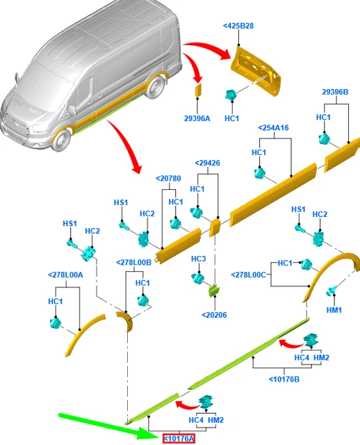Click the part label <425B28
(x=238, y=26)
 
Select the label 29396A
(x=197, y=118)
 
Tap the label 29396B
(x=335, y=92)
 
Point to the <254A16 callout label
(x=274, y=128)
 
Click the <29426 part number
(x=207, y=163)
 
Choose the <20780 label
(x=168, y=179)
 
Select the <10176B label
(x=284, y=379)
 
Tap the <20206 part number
(x=214, y=315)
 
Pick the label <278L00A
(x=65, y=275)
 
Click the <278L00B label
(x=134, y=263)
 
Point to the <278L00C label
(x=249, y=275)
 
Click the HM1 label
(x=334, y=310)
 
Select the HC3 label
(x=199, y=259)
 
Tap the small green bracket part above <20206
(x=214, y=291)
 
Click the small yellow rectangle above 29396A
(x=198, y=90)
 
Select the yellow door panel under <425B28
(x=256, y=71)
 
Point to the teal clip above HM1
(x=331, y=291)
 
